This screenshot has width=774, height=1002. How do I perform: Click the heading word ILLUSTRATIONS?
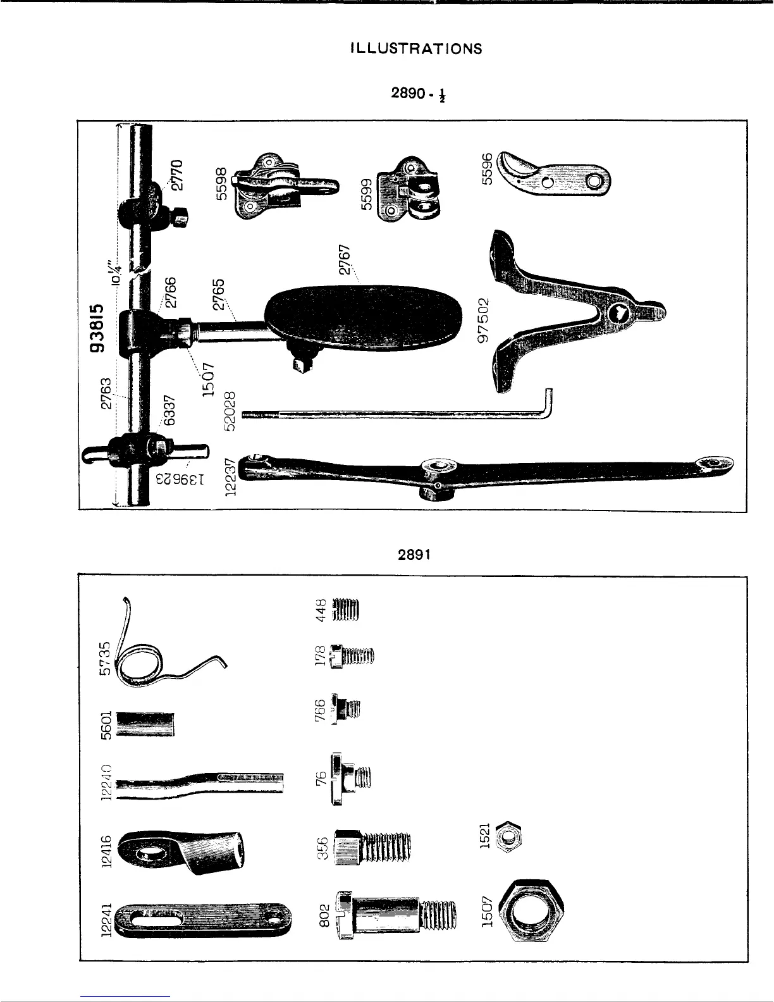click(416, 49)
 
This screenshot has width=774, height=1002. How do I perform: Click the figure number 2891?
click(414, 555)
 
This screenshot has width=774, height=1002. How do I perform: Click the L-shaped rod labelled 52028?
click(398, 413)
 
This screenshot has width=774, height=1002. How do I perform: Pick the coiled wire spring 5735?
click(158, 658)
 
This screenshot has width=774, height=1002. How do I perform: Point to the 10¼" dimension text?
click(114, 273)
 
